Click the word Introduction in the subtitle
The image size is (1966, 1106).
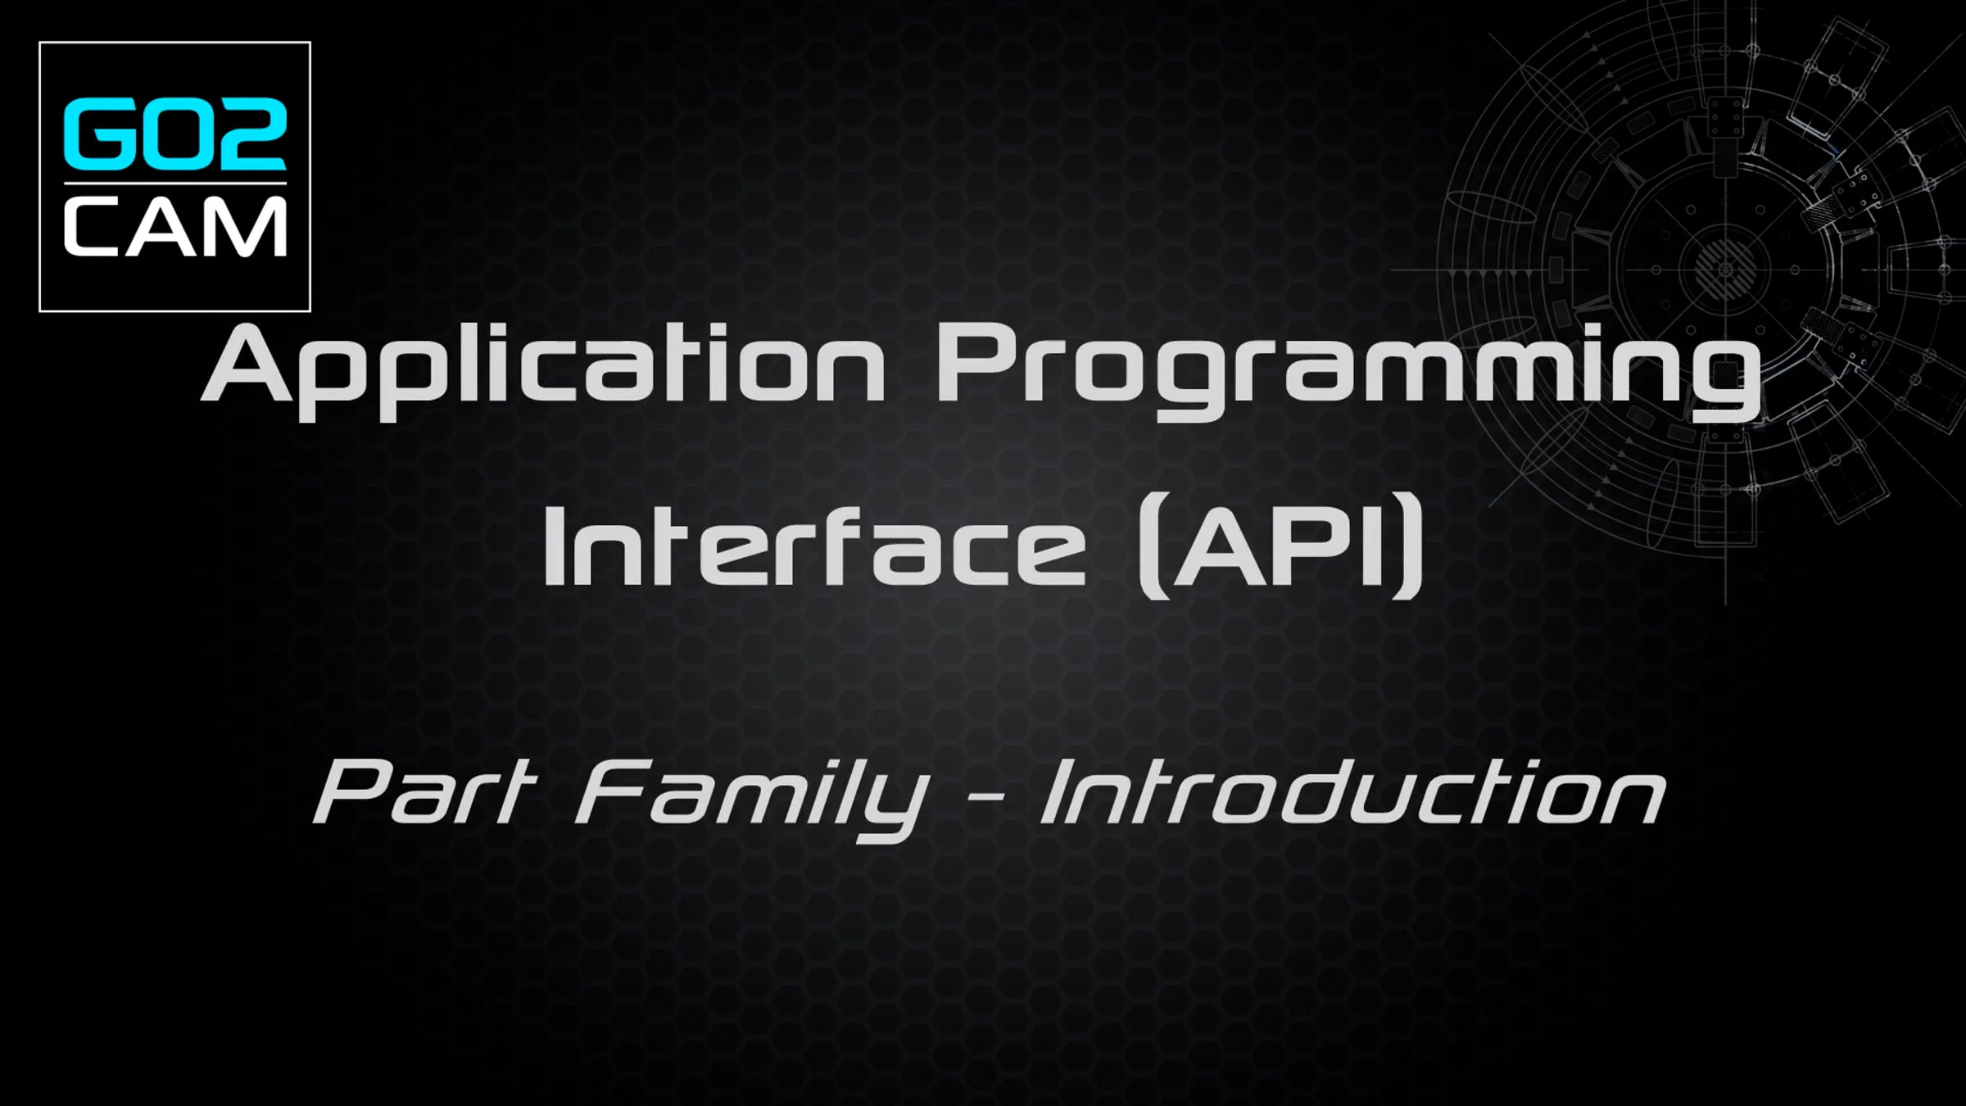tap(1352, 793)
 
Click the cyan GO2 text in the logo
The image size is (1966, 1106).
tap(175, 134)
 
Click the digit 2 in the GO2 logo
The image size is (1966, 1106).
tap(250, 134)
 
